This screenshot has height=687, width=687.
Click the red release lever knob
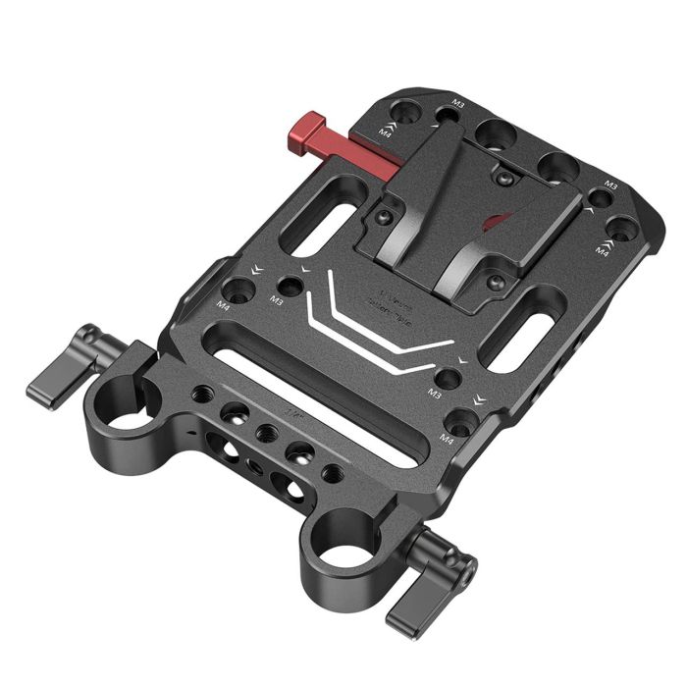(x=307, y=130)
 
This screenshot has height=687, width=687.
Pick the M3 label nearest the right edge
(x=610, y=185)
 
